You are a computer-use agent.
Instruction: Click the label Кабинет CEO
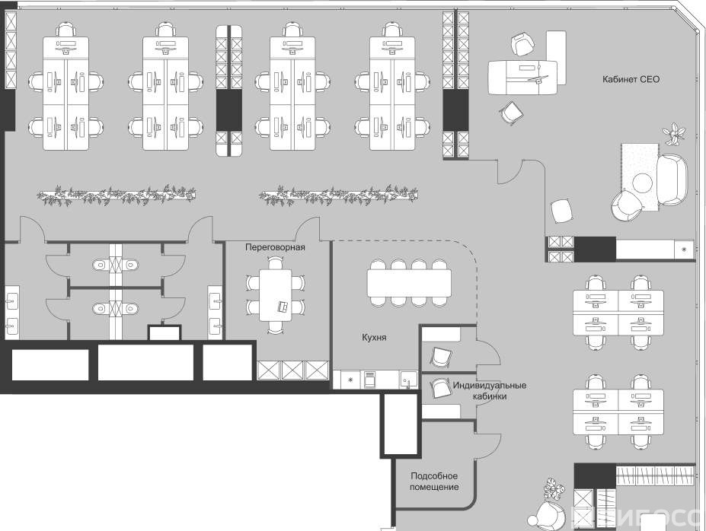(x=630, y=79)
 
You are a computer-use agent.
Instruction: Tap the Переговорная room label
(x=275, y=247)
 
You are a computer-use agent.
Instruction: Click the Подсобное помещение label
(x=434, y=481)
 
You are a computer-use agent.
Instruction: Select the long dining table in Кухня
(x=408, y=284)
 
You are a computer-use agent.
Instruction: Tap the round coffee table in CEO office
(x=644, y=182)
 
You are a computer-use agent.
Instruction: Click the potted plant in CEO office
(x=674, y=135)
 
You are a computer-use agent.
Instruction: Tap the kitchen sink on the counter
(x=407, y=378)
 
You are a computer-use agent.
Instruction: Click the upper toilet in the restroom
(x=99, y=265)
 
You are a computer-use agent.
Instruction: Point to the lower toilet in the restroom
(x=99, y=310)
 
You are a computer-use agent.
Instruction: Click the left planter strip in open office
(x=116, y=196)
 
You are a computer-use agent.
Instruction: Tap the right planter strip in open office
(x=337, y=196)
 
